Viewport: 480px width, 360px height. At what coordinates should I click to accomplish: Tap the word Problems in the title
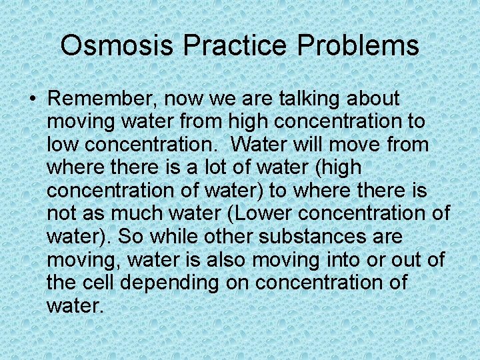click(358, 46)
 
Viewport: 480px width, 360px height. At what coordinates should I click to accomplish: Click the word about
click(373, 99)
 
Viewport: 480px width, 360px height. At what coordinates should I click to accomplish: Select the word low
click(61, 145)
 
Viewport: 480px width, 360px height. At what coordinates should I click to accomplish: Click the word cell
click(97, 283)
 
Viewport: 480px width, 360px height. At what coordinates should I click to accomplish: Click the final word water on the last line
click(75, 306)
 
